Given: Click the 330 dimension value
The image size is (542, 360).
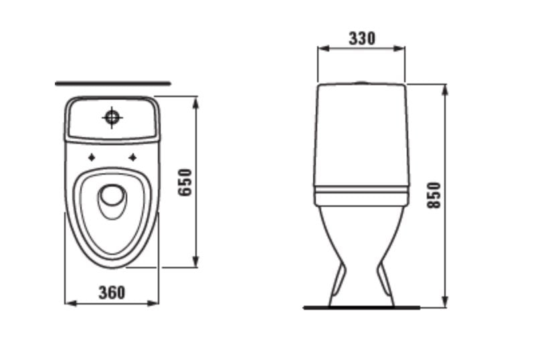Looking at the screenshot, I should coord(361,38).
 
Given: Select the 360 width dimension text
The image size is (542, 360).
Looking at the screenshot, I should coord(112,292).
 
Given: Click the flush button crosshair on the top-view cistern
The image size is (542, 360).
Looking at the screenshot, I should coord(112,118).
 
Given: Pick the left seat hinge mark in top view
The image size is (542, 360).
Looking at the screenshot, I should coord(91,158).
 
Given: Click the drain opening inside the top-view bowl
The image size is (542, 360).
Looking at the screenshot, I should coord(112,199).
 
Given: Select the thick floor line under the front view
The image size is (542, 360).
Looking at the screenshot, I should coord(361,308).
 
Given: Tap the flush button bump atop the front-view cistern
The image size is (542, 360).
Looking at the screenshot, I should coord(361,83).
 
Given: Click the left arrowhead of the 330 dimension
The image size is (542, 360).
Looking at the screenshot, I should coord(321,48).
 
